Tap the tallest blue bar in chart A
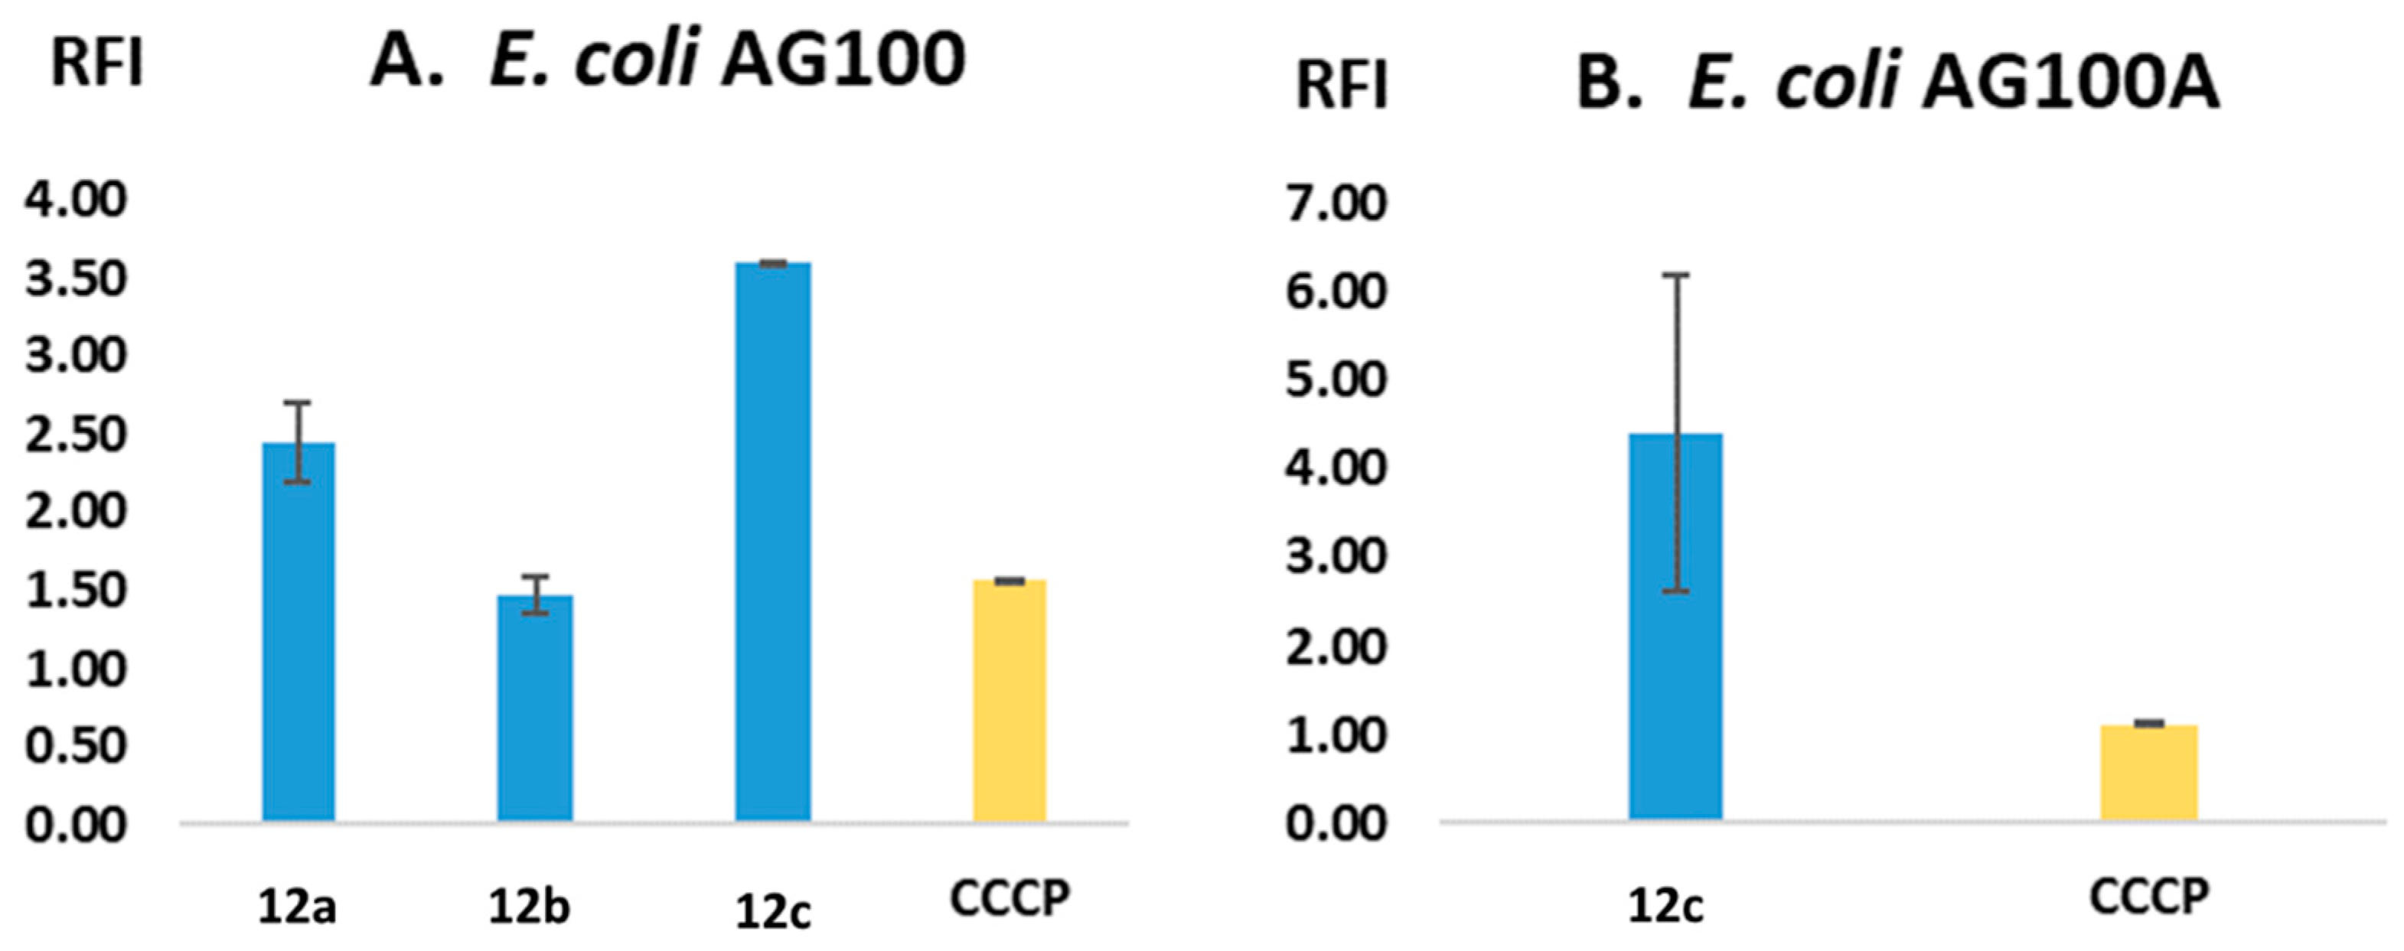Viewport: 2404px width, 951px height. pos(773,541)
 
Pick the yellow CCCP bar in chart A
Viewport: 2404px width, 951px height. pos(1009,700)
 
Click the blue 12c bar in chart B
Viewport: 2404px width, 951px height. pos(1675,625)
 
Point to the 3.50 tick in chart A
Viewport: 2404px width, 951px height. pos(75,279)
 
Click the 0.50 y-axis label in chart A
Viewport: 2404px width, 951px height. pos(75,747)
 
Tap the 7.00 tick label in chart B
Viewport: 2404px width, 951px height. pos(1336,203)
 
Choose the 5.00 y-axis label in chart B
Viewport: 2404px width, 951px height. pos(1336,379)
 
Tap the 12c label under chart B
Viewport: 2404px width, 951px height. pos(1666,906)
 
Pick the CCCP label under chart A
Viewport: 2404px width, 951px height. pos(1009,897)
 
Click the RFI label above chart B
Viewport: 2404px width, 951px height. pos(1342,86)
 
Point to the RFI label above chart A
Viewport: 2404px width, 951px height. pos(97,64)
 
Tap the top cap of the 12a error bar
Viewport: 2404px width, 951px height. pos(297,402)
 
